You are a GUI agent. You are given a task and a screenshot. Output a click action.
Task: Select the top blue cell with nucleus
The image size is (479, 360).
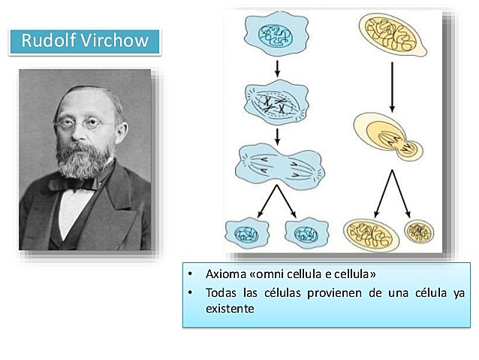coord(275,34)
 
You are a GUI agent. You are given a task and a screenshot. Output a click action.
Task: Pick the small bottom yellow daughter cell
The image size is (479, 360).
coord(417,232)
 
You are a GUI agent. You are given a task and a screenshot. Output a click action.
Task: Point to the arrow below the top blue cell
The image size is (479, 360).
coord(278,68)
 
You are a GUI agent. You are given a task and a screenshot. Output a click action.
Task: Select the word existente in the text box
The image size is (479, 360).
coord(230,308)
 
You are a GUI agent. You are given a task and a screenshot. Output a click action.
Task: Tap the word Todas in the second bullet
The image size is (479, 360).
coord(221,292)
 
